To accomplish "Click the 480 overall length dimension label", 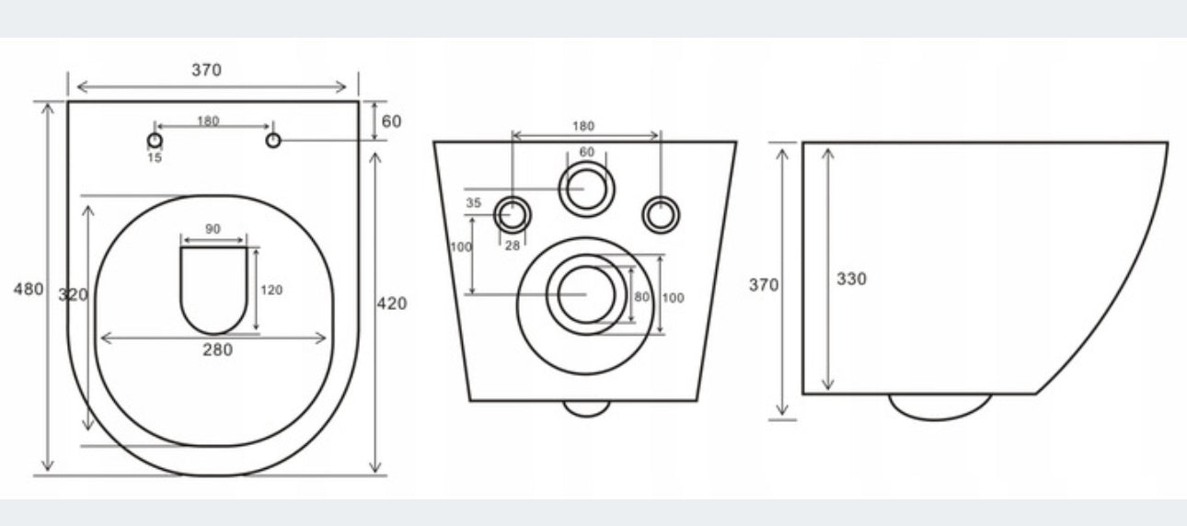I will [29, 289].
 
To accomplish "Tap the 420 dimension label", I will [392, 303].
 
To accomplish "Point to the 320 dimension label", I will [73, 294].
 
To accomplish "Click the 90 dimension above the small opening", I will [213, 230].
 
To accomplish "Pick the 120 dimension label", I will [271, 290].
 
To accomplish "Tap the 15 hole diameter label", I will [154, 157].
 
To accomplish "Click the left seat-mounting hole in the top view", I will [155, 140].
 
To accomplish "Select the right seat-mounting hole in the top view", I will [273, 140].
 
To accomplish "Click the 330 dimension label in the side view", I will [851, 279].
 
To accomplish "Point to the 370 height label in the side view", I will [763, 285].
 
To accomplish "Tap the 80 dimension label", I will [641, 297].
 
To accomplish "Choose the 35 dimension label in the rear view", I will [474, 202].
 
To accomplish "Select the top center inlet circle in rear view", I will [586, 189].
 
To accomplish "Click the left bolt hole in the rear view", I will [513, 214].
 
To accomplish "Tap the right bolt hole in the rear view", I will [660, 214].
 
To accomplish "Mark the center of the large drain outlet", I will [586, 294].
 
